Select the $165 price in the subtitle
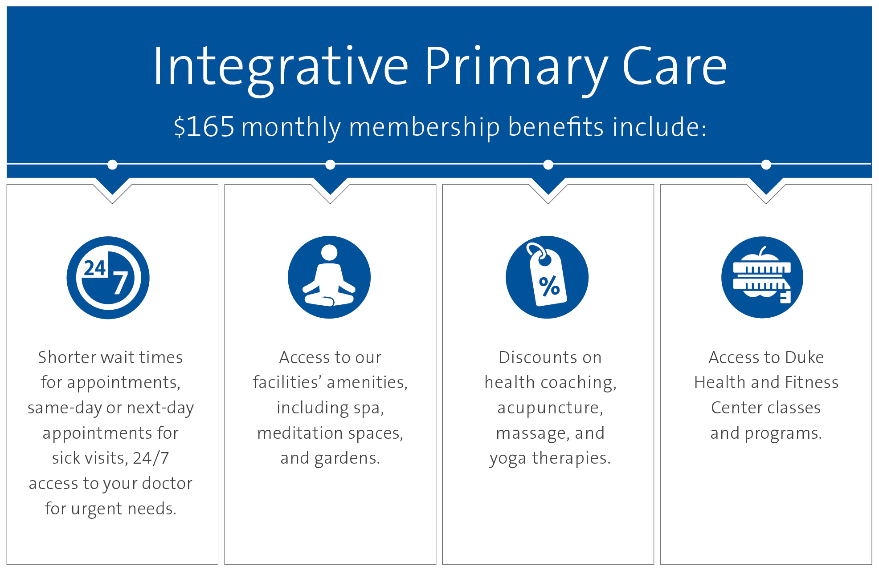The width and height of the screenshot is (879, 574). pyautogui.click(x=204, y=127)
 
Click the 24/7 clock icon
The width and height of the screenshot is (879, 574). pyautogui.click(x=108, y=278)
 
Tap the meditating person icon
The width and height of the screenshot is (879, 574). pyautogui.click(x=329, y=277)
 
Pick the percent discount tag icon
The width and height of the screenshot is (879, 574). pyautogui.click(x=547, y=277)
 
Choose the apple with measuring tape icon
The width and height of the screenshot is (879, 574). pyautogui.click(x=762, y=277)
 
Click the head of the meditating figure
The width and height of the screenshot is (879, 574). pyautogui.click(x=329, y=252)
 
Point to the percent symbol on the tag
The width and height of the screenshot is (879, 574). pyautogui.click(x=549, y=286)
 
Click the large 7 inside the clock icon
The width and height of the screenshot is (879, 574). pyautogui.click(x=120, y=283)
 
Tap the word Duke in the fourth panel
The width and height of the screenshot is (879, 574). pyautogui.click(x=804, y=357)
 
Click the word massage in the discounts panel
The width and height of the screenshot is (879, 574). pyautogui.click(x=532, y=433)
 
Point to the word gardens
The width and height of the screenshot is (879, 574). pyautogui.click(x=347, y=458)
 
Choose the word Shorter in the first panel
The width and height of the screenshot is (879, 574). pyautogui.click(x=67, y=357)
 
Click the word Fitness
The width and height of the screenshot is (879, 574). pyautogui.click(x=812, y=382)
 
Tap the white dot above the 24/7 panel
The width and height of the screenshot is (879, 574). pyautogui.click(x=112, y=165)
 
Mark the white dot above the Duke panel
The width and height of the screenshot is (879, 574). pyautogui.click(x=766, y=165)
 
